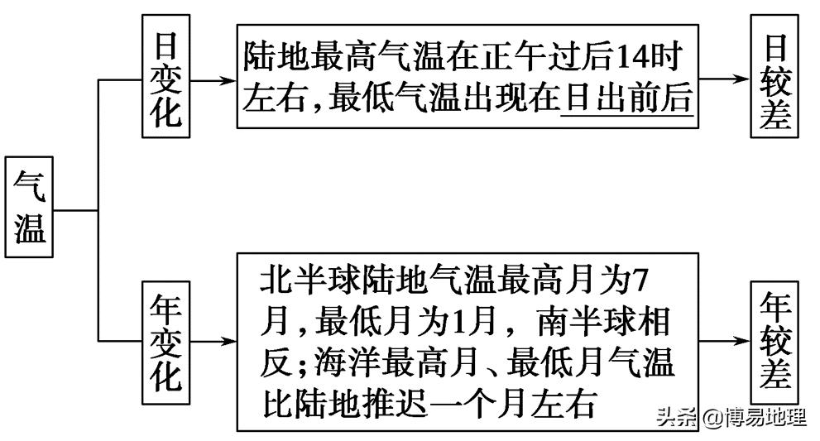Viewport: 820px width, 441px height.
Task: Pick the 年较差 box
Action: point(775,338)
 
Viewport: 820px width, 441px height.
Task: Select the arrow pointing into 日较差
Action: point(724,80)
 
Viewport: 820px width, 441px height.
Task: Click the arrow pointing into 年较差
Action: point(724,340)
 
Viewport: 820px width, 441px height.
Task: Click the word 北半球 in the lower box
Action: point(303,281)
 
